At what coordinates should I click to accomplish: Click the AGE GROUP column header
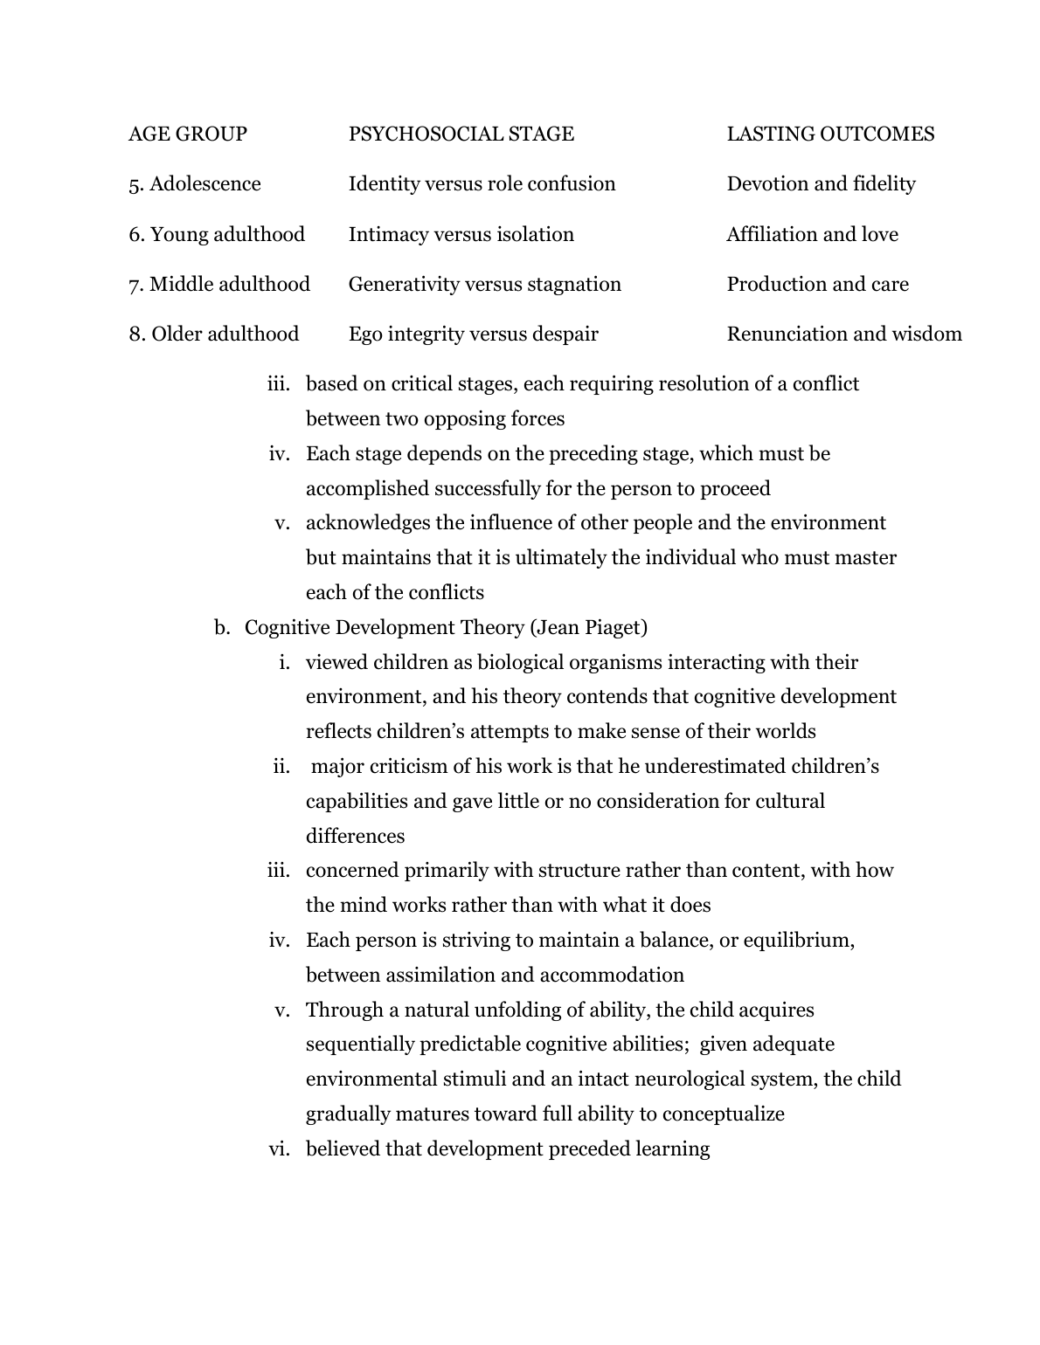tap(188, 134)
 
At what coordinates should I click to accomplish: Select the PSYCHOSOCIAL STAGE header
tap(461, 134)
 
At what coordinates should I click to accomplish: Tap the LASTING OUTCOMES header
tap(830, 134)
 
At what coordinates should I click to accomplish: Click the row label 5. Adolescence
tap(195, 183)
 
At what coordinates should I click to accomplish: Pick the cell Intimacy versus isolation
tap(461, 234)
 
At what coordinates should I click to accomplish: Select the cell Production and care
tap(817, 284)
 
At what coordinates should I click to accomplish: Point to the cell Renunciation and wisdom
tap(844, 334)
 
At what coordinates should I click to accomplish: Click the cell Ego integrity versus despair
tap(474, 334)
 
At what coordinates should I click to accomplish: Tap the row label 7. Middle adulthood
tap(219, 284)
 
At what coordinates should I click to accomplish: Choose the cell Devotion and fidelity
tap(821, 183)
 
